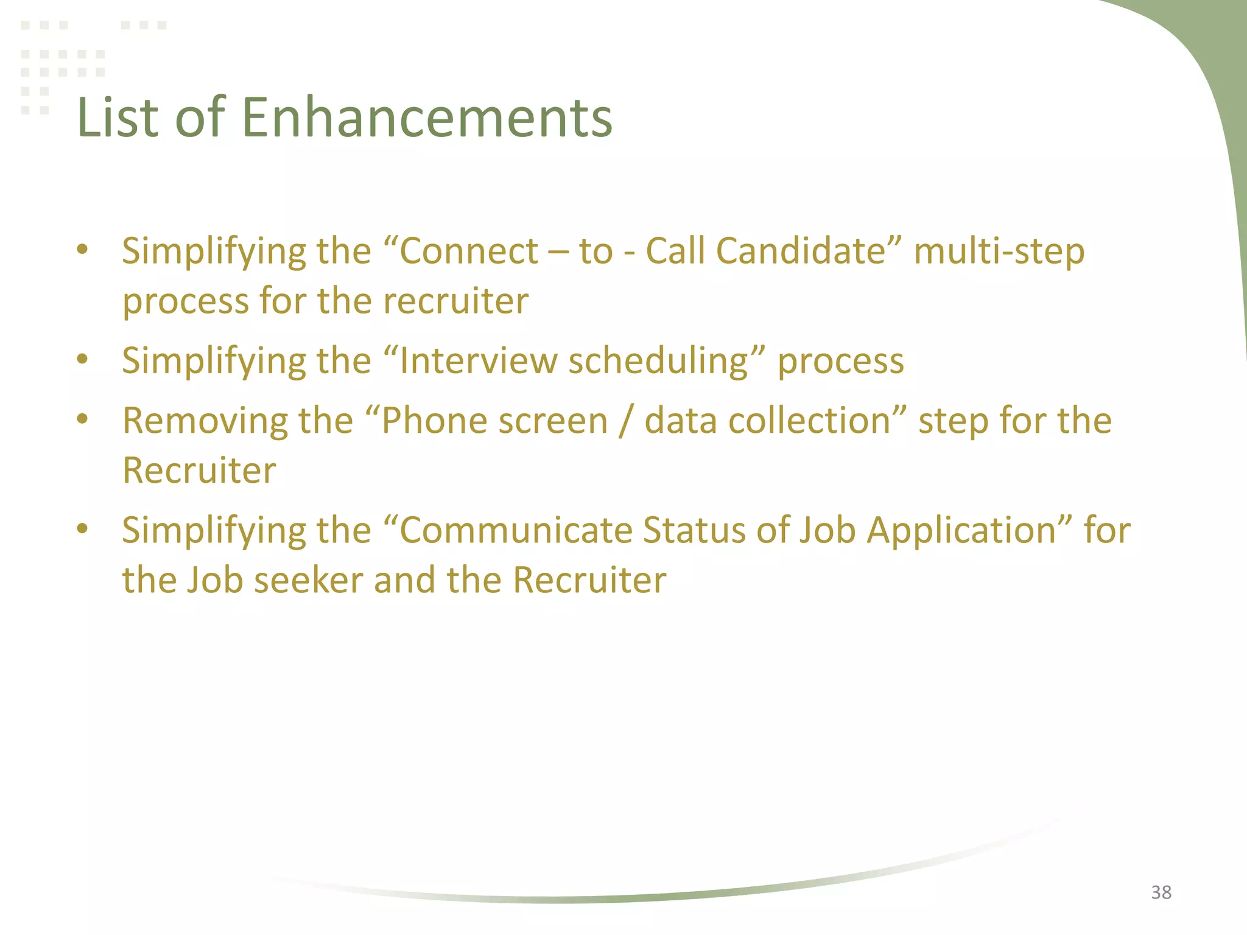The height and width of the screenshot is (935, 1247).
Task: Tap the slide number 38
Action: click(1161, 892)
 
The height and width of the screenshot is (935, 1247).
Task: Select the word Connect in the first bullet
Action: click(469, 251)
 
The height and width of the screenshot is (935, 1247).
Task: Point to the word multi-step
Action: click(999, 252)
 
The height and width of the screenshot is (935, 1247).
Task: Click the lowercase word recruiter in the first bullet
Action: click(455, 301)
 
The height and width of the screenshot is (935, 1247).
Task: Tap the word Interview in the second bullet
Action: click(478, 360)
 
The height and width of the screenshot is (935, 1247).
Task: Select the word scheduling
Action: click(658, 362)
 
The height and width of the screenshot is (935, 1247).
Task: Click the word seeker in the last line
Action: click(309, 580)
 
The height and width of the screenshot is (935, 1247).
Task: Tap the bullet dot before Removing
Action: click(83, 419)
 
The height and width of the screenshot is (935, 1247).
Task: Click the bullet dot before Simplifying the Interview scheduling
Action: click(83, 359)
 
